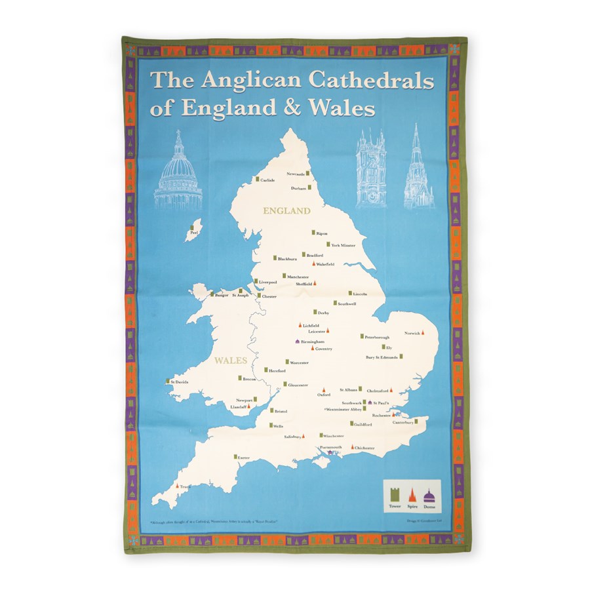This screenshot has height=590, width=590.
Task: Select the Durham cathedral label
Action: point(298,188)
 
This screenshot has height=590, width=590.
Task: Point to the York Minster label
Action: point(343,245)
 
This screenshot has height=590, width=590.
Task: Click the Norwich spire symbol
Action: point(424,334)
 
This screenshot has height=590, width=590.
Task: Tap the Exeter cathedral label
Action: point(244,457)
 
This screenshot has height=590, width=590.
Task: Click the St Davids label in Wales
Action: point(180,382)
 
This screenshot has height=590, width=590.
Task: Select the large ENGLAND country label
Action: point(286,211)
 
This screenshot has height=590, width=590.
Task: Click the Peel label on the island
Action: point(192,232)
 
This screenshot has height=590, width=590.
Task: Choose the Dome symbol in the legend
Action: point(429,496)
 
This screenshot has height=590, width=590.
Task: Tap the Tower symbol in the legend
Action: point(395,496)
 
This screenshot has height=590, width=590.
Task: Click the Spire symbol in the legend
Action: point(412,496)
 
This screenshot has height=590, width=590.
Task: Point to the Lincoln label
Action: point(360,294)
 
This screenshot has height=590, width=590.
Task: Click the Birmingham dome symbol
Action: point(298,342)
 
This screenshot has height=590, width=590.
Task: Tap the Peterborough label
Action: point(377,337)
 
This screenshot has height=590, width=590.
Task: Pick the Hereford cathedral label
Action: point(277,371)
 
